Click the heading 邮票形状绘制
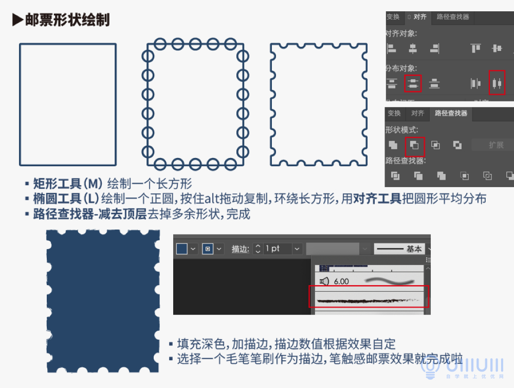pyautogui.click(x=67, y=20)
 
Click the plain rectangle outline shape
pyautogui.click(x=67, y=104)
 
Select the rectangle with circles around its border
pyautogui.click(x=195, y=104)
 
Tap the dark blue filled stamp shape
pyautogui.click(x=103, y=301)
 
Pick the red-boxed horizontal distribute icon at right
pyautogui.click(x=497, y=83)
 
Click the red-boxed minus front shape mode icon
pyautogui.click(x=414, y=146)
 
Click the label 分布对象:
pyautogui.click(x=401, y=68)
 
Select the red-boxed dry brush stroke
pyautogui.click(x=368, y=299)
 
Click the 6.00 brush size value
pyautogui.click(x=341, y=281)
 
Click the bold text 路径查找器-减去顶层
pyautogui.click(x=89, y=214)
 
